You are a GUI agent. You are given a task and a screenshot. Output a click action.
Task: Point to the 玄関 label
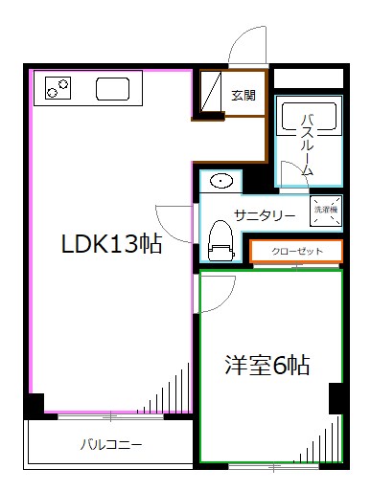(x=243, y=95)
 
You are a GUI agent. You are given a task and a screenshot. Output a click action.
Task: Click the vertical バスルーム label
(x=308, y=144)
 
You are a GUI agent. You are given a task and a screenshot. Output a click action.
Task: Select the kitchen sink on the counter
(x=113, y=91)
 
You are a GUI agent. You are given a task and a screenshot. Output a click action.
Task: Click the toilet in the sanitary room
(x=221, y=239)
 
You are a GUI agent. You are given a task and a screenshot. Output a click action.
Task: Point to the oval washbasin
(x=220, y=181)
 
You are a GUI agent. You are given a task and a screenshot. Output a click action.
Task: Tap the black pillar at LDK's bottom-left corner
(x=34, y=405)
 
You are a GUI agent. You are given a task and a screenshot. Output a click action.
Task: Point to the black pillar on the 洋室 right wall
(x=336, y=397)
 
